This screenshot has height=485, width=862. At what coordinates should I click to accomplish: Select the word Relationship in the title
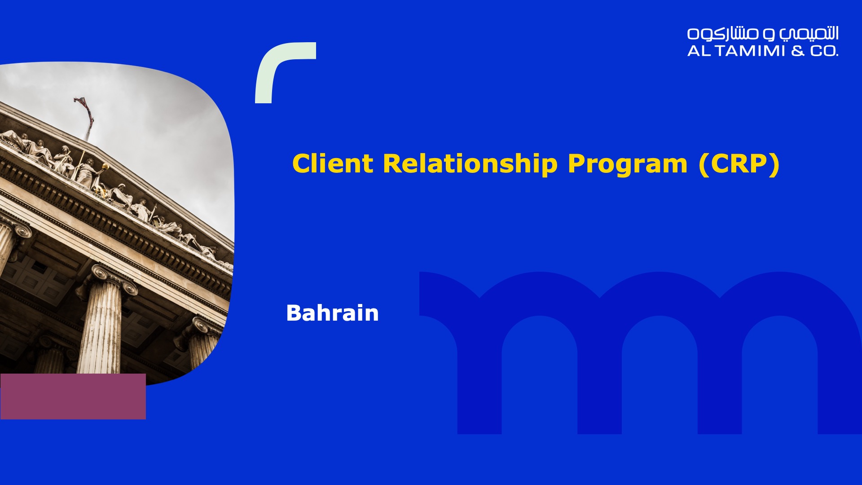470,164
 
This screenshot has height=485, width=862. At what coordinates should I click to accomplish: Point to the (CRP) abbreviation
739,164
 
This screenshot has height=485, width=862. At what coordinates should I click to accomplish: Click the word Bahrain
333,313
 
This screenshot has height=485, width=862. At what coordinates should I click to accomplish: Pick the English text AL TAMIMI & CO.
763,51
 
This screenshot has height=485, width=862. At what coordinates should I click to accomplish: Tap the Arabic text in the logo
763,34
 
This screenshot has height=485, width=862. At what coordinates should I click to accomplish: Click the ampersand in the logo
798,51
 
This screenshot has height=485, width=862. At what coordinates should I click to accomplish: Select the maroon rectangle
73,397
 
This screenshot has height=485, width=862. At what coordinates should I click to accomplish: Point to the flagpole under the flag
88,130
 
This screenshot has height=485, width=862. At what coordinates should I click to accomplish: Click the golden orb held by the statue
106,167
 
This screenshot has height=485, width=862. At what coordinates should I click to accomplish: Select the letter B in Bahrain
294,313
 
